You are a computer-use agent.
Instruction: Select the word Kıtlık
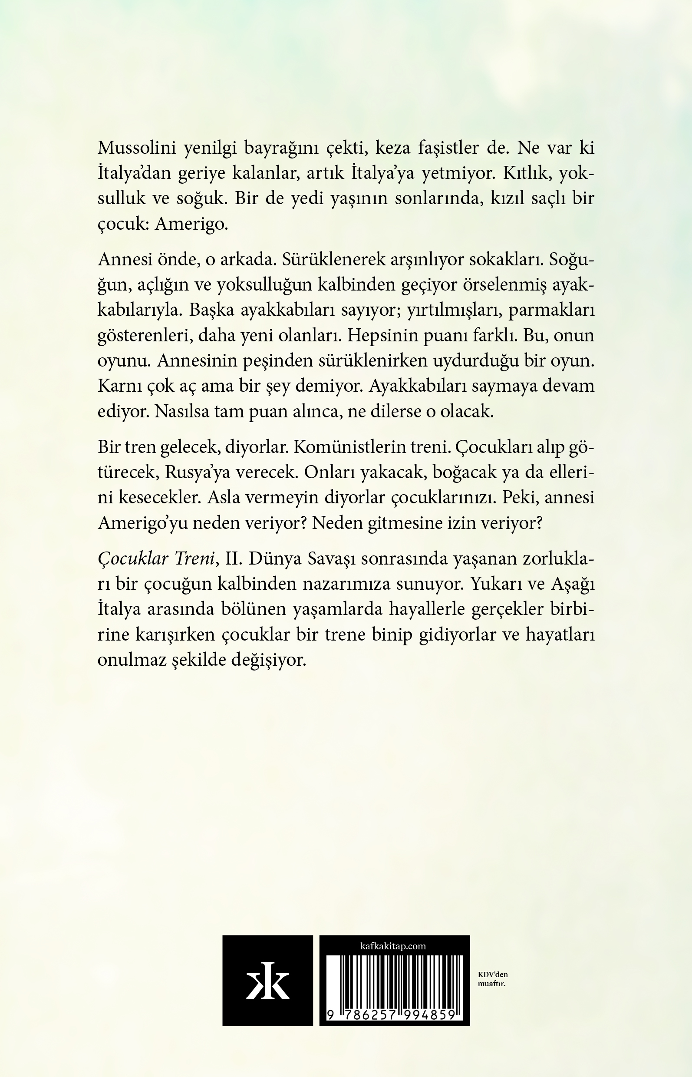click(527, 173)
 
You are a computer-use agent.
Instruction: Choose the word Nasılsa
click(182, 411)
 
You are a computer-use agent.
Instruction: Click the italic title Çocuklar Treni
click(155, 559)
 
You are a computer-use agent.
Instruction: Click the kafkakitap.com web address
click(393, 946)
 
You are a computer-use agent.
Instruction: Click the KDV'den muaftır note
click(492, 979)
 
